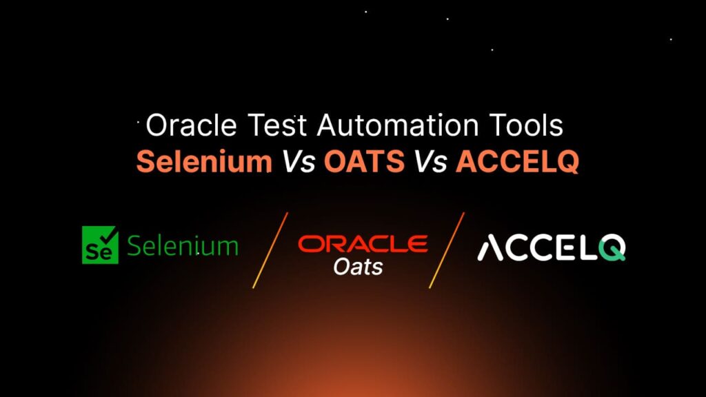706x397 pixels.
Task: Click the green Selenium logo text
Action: tap(183, 246)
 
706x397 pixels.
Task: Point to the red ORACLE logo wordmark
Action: tap(363, 243)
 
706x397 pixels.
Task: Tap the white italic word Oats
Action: tap(358, 266)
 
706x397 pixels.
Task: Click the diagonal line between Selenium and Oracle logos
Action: tap(270, 250)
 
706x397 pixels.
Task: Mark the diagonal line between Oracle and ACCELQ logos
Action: tap(446, 250)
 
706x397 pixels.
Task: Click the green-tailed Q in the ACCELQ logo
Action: tap(611, 248)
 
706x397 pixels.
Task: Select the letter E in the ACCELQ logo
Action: tap(563, 248)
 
